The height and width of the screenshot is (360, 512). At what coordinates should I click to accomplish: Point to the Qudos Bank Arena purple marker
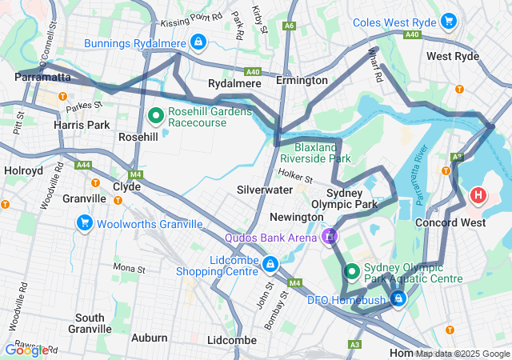coord(329,237)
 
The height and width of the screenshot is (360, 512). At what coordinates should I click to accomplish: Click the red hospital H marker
coord(478,194)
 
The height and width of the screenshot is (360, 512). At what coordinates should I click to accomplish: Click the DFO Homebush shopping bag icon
coord(398,299)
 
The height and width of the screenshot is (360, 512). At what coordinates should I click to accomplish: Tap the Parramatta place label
coord(42,78)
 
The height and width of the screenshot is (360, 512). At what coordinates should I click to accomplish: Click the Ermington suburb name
coord(302,81)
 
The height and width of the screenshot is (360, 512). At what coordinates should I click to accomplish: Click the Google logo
coord(26,350)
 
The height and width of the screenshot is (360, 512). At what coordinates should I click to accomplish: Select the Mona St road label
coord(129,268)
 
